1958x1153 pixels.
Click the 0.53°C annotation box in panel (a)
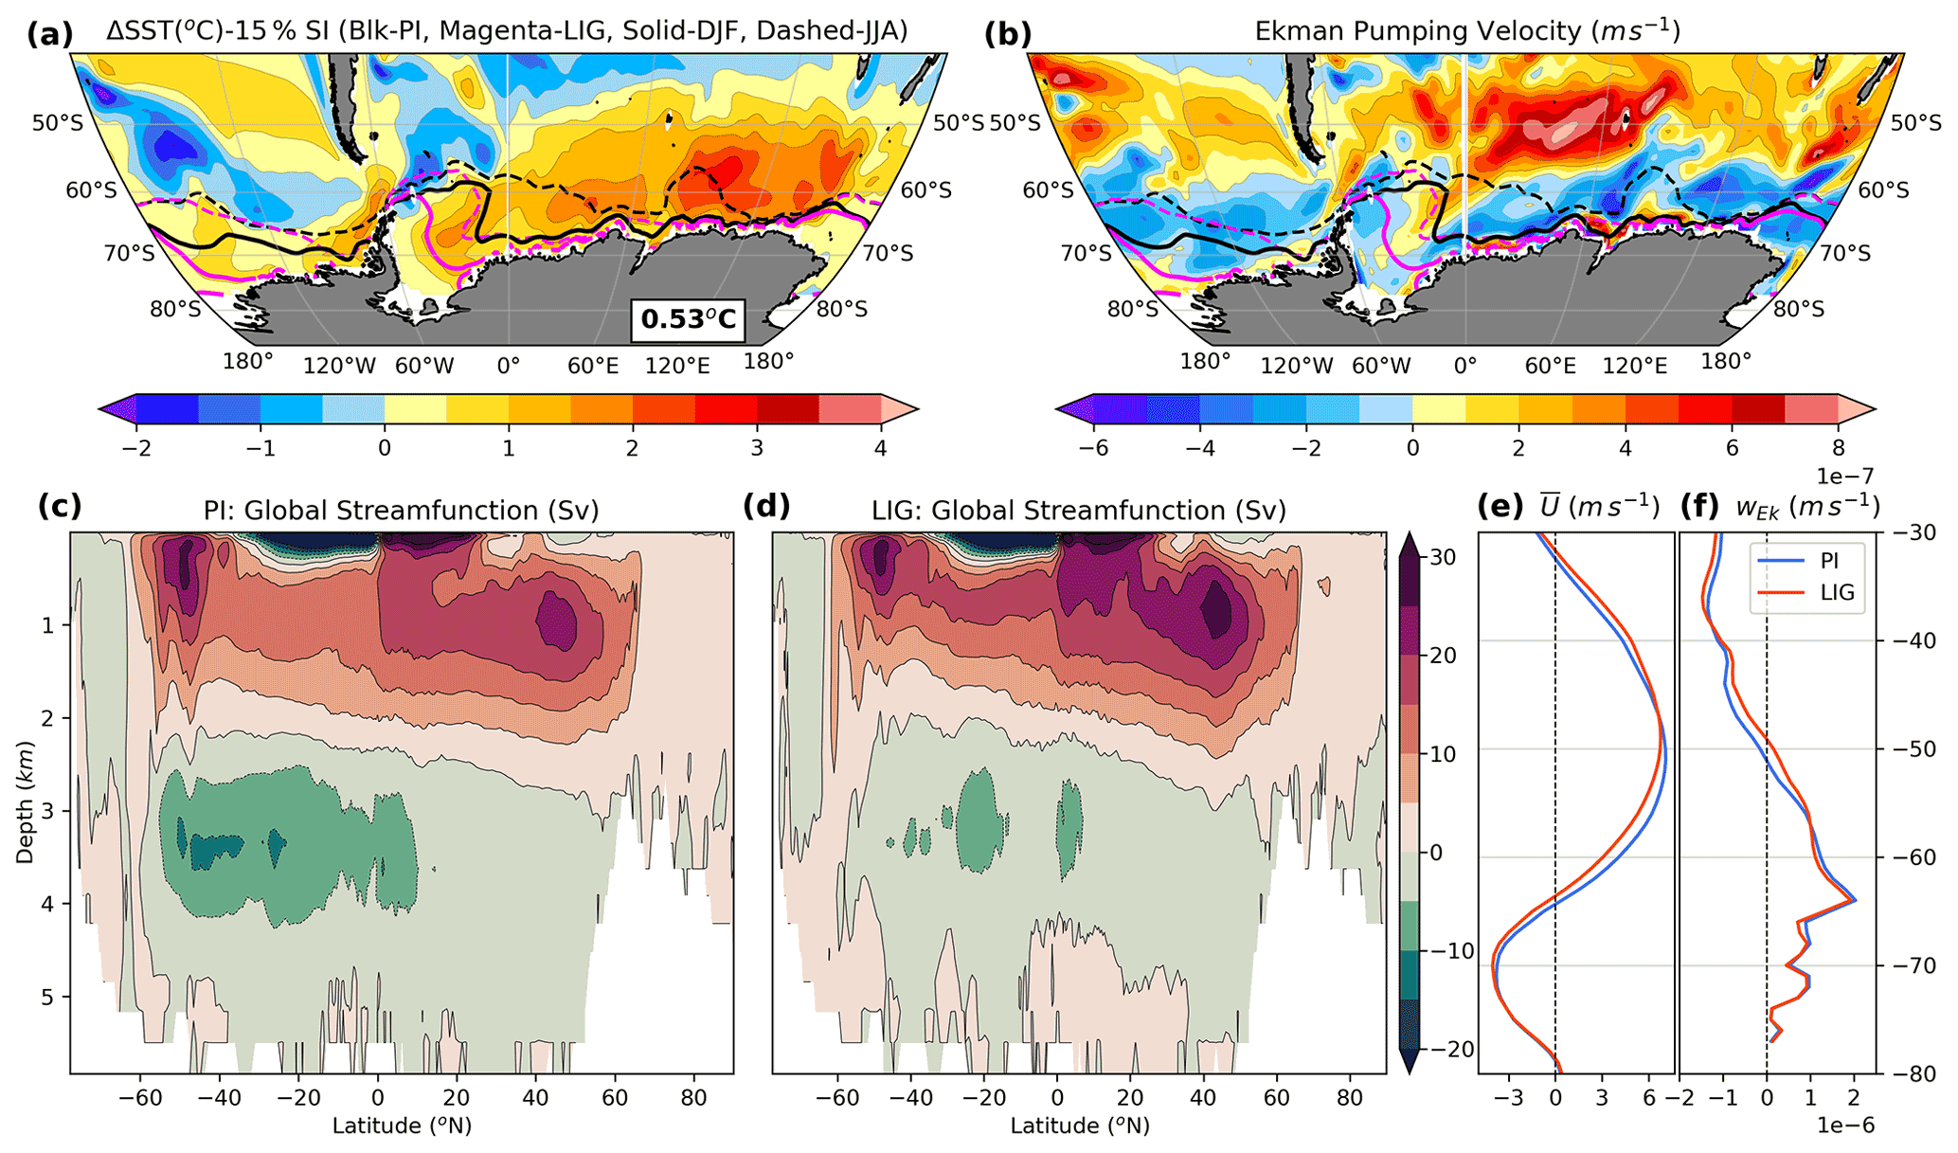[x=688, y=320]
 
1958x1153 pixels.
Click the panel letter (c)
[x=59, y=508]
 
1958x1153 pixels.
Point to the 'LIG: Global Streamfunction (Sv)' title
[x=1079, y=512]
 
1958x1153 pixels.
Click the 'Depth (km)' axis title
[x=26, y=802]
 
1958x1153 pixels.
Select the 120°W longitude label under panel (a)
[x=339, y=367]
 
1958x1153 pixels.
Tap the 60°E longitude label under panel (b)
[x=1550, y=367]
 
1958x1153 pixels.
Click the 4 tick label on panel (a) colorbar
[x=881, y=448]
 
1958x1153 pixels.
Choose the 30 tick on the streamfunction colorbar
[x=1442, y=557]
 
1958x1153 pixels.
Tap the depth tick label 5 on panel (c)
[x=54, y=997]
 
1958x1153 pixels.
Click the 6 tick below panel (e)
[x=1648, y=1099]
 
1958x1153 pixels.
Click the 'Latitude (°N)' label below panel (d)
[x=1079, y=1126]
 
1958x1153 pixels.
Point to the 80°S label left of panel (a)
[x=175, y=310]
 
